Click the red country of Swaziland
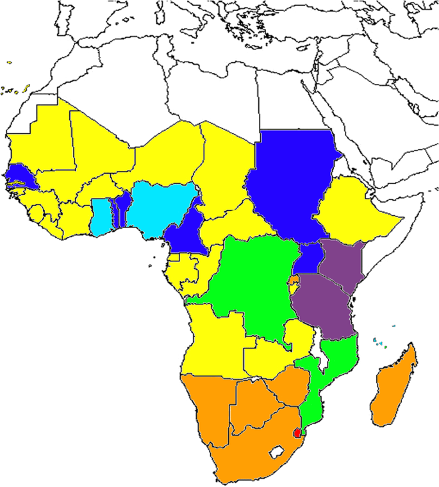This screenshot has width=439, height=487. click(297, 433)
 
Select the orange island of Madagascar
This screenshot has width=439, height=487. click(392, 391)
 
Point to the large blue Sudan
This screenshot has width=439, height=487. click(288, 179)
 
